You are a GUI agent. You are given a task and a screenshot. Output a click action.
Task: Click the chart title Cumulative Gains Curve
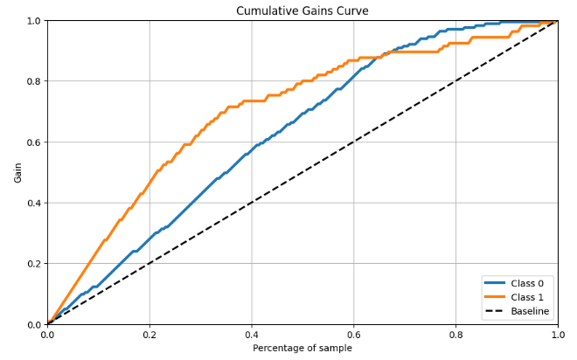[302, 10]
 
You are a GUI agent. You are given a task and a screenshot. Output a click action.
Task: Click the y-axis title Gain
[18, 172]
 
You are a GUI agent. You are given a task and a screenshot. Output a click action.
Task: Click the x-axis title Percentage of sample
[302, 348]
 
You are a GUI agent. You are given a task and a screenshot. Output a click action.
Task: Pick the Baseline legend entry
[531, 310]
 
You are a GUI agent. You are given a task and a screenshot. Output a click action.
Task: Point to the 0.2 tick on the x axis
[149, 334]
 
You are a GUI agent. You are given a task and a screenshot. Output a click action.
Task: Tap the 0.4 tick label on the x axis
[252, 334]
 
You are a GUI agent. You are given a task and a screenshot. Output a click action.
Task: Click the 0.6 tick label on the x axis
[354, 334]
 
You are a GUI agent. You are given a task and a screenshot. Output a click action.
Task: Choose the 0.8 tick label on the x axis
[455, 334]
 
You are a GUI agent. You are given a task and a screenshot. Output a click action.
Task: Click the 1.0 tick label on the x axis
[557, 334]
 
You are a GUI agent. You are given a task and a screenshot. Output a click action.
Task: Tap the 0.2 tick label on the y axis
[32, 264]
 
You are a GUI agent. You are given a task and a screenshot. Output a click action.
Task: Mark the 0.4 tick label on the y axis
[32, 203]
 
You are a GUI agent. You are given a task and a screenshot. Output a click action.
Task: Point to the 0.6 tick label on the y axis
[32, 142]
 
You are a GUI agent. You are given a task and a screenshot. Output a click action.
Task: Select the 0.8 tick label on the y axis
[32, 81]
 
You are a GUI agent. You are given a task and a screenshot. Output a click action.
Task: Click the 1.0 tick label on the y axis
[32, 21]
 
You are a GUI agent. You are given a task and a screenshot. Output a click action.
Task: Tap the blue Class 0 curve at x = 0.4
[252, 149]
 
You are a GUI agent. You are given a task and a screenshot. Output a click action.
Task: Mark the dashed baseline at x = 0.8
[455, 81]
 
